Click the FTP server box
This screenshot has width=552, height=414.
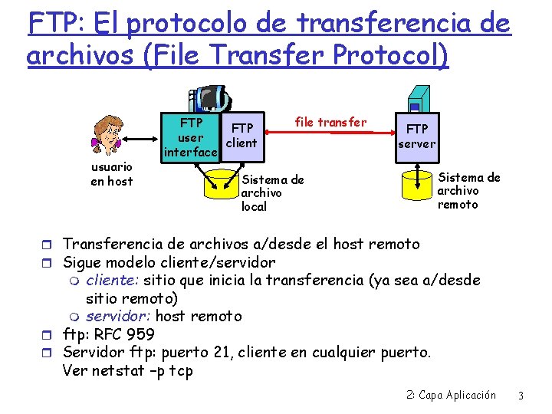point(417,136)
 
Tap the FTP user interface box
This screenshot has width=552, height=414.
point(190,138)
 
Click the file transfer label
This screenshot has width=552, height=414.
point(330,122)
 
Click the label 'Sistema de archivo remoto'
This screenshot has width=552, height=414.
point(468,191)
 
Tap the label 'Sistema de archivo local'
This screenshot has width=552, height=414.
point(272,192)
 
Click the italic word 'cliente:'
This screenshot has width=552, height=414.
point(113,280)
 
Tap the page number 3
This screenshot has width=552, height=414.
point(521,396)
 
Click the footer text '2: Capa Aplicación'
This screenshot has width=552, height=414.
point(451,396)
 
